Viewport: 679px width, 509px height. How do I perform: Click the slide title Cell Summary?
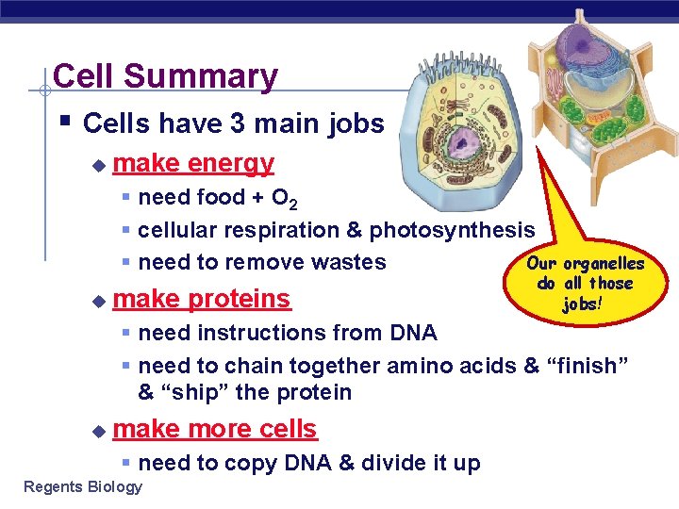165,76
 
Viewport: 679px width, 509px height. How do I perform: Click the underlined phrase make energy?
192,163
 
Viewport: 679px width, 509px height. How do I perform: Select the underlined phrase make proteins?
201,299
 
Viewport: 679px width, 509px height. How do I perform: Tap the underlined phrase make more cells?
214,429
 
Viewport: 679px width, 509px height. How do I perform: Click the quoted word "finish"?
586,366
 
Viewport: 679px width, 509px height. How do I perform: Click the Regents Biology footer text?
83,486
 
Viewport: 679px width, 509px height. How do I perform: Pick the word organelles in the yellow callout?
603,264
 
